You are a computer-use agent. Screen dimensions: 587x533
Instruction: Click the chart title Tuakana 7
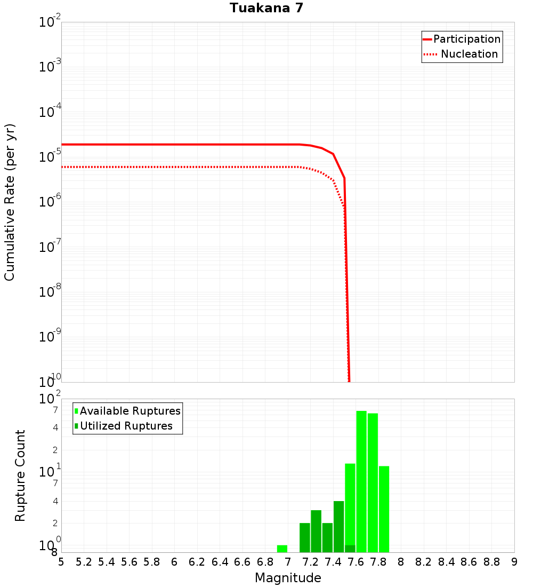point(266,8)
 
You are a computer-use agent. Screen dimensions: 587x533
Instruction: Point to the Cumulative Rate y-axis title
point(10,202)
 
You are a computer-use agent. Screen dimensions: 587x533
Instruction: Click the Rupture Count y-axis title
point(20,475)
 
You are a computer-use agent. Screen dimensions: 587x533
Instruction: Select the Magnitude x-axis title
point(288,578)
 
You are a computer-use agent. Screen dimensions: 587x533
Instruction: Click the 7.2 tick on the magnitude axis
point(310,562)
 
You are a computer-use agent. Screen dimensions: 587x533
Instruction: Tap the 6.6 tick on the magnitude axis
point(243,562)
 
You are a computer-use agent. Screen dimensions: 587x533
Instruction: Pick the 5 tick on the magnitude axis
point(61,562)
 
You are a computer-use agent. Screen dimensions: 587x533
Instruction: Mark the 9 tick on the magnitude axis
point(514,562)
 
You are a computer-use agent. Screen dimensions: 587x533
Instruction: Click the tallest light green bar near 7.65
point(361,480)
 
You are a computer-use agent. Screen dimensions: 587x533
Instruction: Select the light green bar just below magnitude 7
point(282,549)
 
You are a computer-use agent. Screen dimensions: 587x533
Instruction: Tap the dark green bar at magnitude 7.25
point(316,531)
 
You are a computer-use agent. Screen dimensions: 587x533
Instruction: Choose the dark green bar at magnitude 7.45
point(338,527)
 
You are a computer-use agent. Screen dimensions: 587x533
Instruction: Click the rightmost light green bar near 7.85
point(384,509)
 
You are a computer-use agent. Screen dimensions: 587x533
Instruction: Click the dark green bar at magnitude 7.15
point(305,537)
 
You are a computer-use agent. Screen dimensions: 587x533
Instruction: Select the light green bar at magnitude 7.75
point(373,482)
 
